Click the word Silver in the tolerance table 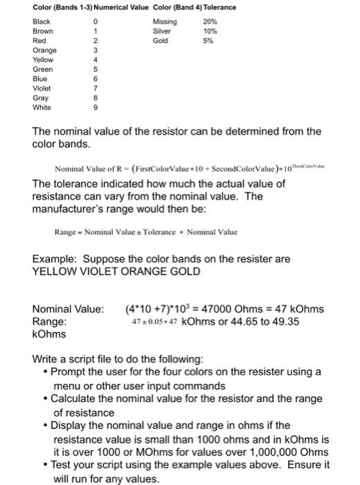pyautogui.click(x=161, y=31)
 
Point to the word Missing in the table pyautogui.click(x=163, y=21)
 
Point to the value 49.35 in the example pyautogui.click(x=287, y=321)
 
